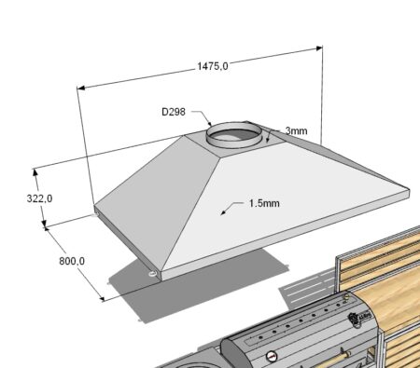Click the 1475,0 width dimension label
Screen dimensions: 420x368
(x=213, y=66)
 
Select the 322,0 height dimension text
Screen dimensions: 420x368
(x=39, y=198)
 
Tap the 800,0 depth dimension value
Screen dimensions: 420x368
(x=72, y=261)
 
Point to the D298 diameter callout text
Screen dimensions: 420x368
(x=174, y=112)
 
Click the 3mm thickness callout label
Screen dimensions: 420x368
(x=296, y=130)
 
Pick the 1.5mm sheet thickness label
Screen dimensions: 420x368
(x=264, y=203)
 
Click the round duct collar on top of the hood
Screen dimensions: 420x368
(x=233, y=136)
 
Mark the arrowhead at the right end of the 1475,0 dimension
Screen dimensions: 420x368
(x=319, y=48)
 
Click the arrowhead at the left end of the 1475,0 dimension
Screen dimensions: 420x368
(x=81, y=88)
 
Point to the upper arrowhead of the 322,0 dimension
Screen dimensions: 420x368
(x=35, y=172)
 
